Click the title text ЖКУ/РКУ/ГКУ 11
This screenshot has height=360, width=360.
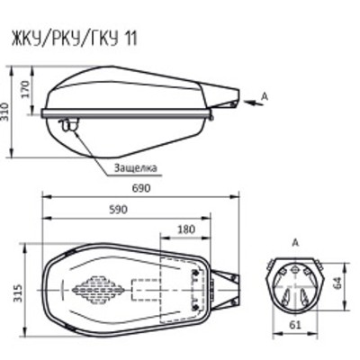[74, 38]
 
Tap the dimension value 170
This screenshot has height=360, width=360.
[25, 90]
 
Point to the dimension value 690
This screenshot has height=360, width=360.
[141, 188]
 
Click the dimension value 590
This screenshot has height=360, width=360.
[118, 210]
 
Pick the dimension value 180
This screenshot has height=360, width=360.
[186, 229]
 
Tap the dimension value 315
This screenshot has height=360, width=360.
[19, 292]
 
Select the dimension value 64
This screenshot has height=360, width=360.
[337, 283]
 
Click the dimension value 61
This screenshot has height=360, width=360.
[295, 325]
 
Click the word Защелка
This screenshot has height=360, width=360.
[135, 167]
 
